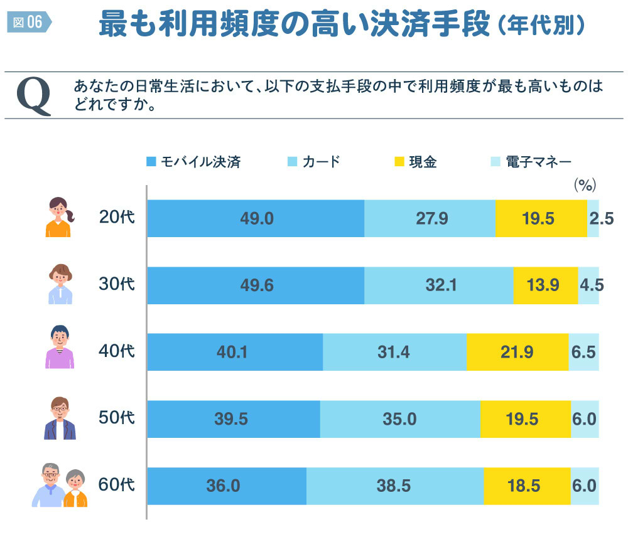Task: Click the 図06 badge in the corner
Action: coord(28,22)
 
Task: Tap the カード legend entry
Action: coord(313,162)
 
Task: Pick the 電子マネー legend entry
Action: coord(531,162)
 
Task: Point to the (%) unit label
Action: coord(584,185)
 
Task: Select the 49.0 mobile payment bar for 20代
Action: coord(256,218)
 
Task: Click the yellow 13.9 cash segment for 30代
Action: coord(545,285)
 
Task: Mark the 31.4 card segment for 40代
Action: coord(394,352)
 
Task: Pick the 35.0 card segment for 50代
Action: coord(400,419)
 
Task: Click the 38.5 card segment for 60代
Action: coord(395,486)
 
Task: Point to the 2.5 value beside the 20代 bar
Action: coord(601,218)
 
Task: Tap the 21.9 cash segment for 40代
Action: coord(517,352)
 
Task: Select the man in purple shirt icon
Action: coord(59,348)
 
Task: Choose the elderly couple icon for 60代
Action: coord(60,486)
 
